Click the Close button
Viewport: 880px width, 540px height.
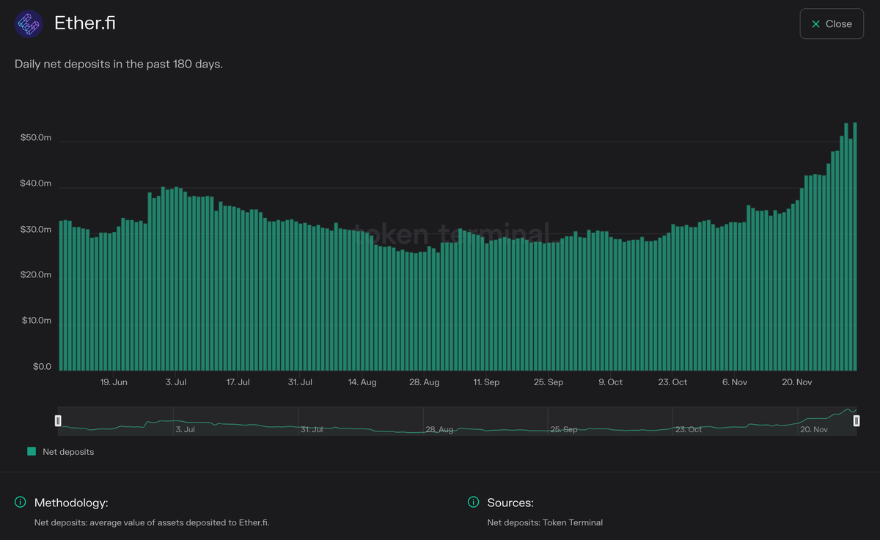pos(832,24)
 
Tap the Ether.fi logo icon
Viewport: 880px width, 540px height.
pos(29,24)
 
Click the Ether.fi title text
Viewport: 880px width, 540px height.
pos(85,23)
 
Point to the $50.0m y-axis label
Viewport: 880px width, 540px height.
pos(35,138)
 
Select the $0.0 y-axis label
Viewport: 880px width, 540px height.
pos(42,367)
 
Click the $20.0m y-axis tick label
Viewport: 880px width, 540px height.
pos(35,275)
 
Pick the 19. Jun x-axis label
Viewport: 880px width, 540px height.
pos(114,382)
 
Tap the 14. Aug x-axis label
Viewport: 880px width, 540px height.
pos(362,382)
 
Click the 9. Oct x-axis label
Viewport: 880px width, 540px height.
pos(610,382)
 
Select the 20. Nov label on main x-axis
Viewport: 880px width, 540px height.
pos(797,382)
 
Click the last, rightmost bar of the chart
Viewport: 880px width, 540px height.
pos(855,249)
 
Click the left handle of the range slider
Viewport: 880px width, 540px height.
pos(58,420)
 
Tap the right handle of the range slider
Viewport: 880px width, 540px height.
pos(856,420)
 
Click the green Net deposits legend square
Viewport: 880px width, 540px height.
pos(32,452)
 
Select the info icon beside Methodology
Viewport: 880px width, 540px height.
pos(21,503)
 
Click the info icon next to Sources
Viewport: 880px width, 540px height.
pos(474,503)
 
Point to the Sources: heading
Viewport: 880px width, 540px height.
pos(510,503)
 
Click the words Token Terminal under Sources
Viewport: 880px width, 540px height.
pos(573,522)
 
